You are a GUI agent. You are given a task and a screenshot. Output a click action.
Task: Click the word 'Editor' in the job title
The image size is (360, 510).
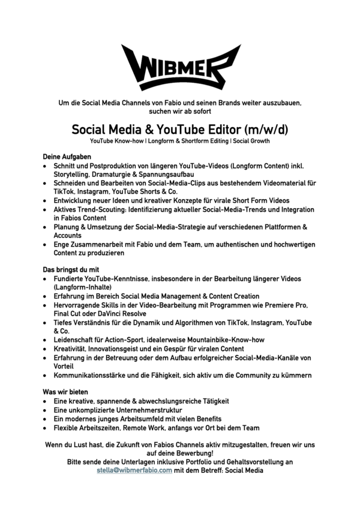tap(220, 129)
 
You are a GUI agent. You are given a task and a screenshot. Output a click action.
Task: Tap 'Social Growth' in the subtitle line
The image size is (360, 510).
tap(250, 141)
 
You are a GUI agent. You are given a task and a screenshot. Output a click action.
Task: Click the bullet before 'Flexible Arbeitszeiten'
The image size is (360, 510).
tap(46, 428)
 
